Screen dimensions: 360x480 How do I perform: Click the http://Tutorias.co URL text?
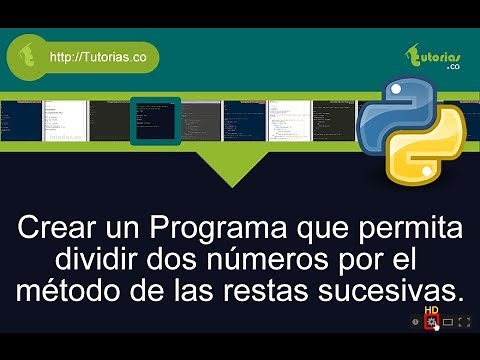tap(98, 57)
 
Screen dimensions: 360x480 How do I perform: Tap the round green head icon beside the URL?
tap(28, 57)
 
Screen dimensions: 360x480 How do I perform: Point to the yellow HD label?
tap(432, 311)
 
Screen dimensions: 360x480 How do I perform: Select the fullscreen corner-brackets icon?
tap(465, 323)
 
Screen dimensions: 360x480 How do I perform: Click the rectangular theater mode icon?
tap(449, 323)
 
